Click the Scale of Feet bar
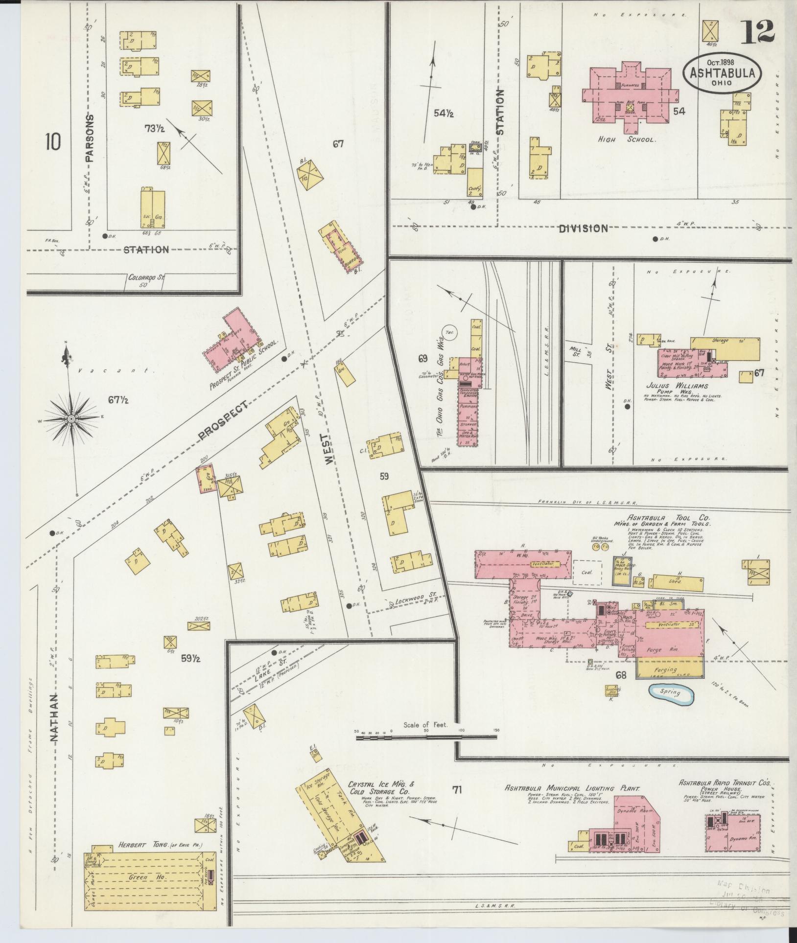pos(426,749)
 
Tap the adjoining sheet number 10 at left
pos(53,142)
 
